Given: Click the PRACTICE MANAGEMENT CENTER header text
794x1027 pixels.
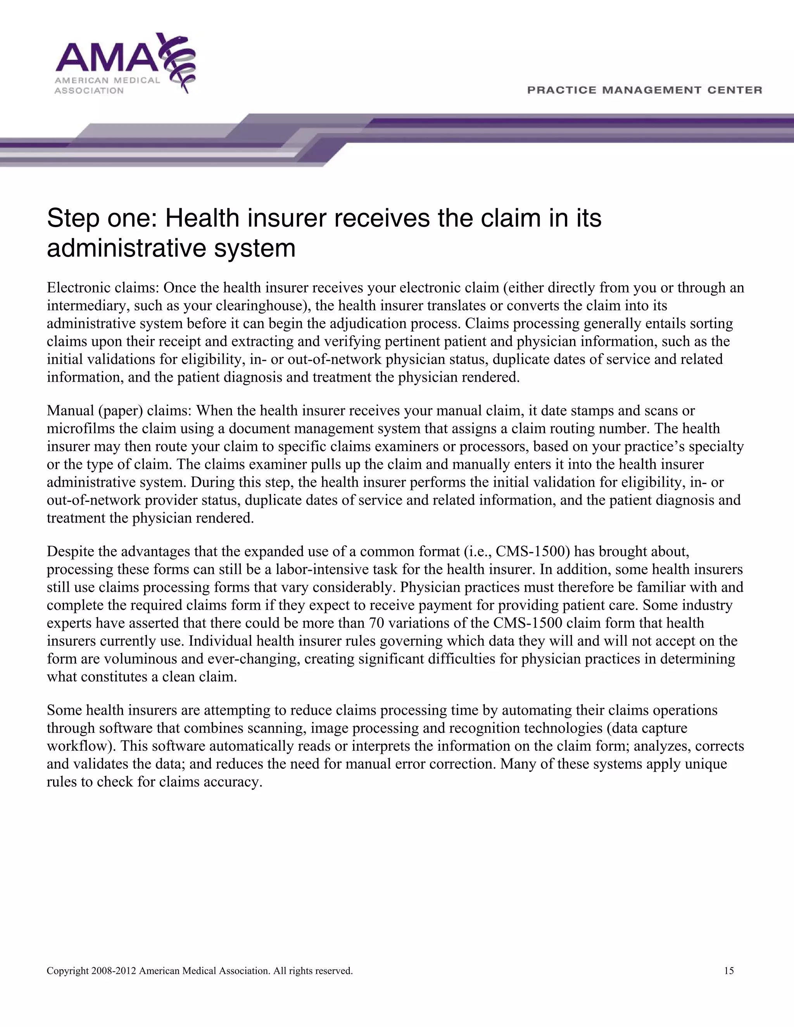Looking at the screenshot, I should pyautogui.click(x=644, y=90).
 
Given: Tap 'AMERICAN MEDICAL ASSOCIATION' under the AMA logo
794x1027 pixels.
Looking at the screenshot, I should pyautogui.click(x=107, y=85).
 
